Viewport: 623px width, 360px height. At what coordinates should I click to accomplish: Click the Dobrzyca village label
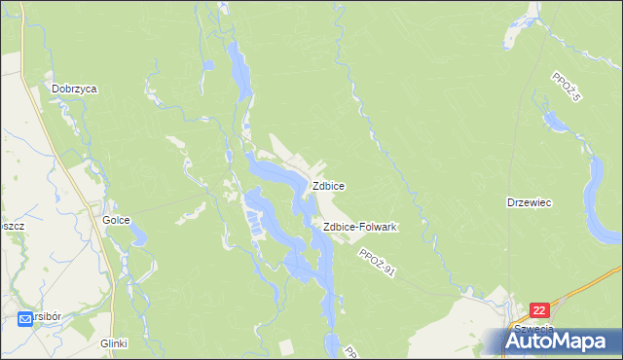click(x=75, y=89)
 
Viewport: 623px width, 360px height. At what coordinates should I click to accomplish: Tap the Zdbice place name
click(x=327, y=185)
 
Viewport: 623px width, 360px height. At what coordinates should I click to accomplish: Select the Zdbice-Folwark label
click(x=359, y=227)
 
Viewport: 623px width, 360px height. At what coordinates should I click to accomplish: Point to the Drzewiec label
click(x=530, y=203)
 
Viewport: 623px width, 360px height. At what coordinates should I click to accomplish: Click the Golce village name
click(x=117, y=221)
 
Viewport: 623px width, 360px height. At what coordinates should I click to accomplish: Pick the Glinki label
click(x=114, y=343)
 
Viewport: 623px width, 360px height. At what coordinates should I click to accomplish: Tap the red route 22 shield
click(x=541, y=309)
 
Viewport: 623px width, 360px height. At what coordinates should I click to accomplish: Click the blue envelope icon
click(x=25, y=318)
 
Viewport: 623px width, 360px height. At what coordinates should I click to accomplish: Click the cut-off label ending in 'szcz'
click(x=11, y=223)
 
